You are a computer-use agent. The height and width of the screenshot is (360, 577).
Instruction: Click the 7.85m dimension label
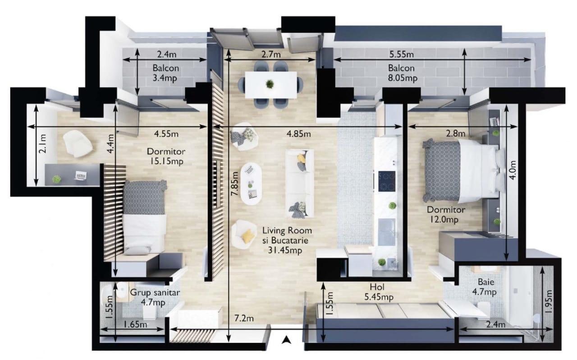(x=234, y=183)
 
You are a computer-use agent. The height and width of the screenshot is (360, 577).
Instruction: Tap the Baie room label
(x=486, y=282)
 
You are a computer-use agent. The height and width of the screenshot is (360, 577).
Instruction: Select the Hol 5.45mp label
(x=379, y=292)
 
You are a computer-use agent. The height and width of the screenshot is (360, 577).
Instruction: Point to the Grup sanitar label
(x=155, y=293)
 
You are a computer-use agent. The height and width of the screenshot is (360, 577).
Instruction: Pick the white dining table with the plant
(x=271, y=84)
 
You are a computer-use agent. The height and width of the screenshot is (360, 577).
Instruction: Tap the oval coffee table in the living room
(x=251, y=184)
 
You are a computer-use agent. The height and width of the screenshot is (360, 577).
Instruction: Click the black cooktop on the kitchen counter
(x=387, y=181)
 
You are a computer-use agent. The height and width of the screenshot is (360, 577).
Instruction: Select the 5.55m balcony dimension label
(x=401, y=55)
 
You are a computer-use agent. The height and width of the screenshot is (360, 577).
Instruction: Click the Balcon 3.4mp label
(x=165, y=73)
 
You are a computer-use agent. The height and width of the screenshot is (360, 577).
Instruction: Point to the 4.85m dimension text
(x=298, y=134)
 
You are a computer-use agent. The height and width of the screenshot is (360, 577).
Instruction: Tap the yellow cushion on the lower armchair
(x=248, y=236)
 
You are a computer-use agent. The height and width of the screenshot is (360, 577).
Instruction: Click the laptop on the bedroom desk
(x=81, y=175)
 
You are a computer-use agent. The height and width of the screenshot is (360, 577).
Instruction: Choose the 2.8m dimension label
(x=456, y=134)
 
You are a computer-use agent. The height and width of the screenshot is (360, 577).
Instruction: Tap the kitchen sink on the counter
(x=387, y=232)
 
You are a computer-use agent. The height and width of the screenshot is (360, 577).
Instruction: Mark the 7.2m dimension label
(x=244, y=318)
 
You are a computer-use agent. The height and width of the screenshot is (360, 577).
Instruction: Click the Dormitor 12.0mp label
(x=446, y=215)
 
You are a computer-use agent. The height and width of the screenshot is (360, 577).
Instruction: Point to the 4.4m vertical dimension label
(x=111, y=143)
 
